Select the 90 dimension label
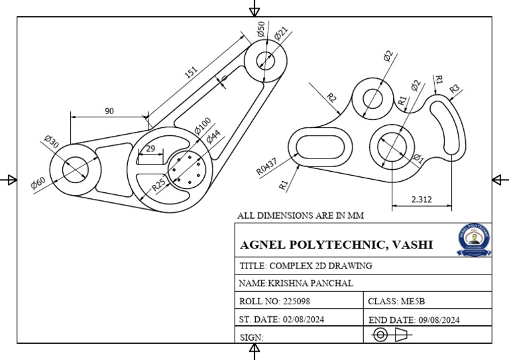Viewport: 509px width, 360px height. (109, 111)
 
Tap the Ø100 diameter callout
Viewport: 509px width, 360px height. (202, 126)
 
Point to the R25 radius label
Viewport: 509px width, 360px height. (160, 184)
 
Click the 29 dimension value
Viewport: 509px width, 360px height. (150, 149)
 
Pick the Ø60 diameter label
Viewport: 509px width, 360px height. (38, 183)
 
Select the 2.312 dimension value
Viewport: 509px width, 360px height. (422, 198)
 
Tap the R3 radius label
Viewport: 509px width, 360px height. (454, 89)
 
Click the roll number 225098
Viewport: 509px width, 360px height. (296, 301)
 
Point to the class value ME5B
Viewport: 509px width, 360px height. (415, 301)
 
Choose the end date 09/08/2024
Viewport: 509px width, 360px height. (438, 320)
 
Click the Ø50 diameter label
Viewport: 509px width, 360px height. (260, 29)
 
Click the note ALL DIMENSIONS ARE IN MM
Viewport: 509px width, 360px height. (300, 215)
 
